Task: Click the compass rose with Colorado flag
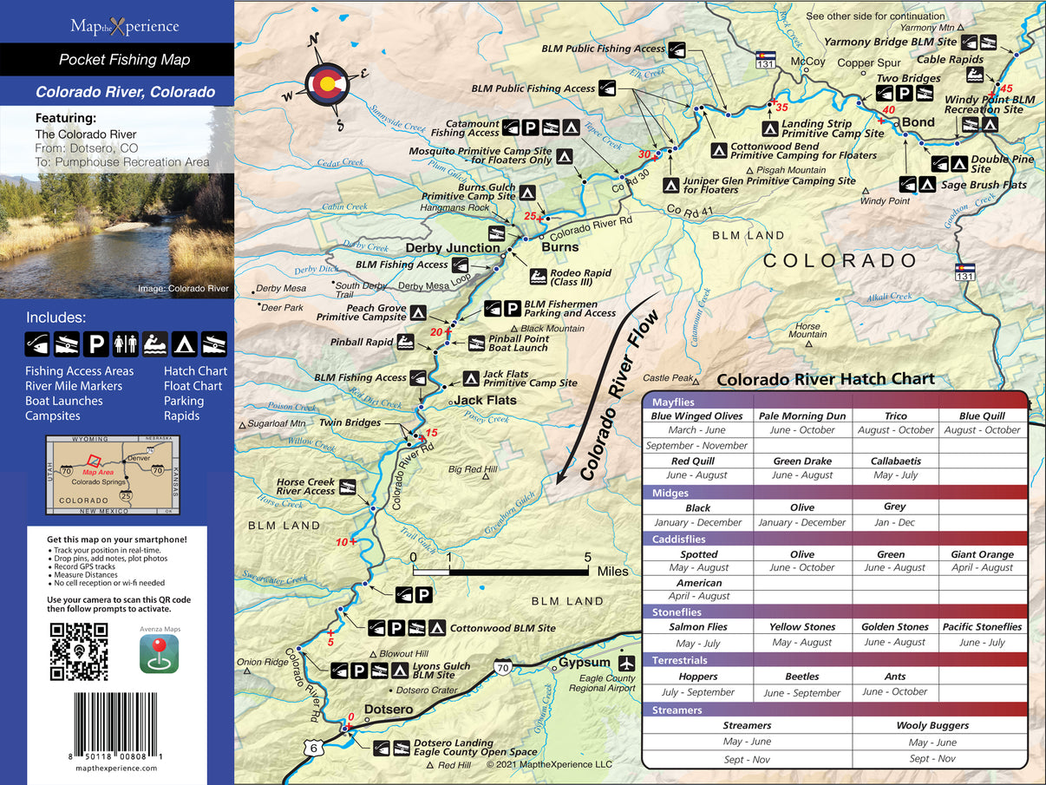click(327, 83)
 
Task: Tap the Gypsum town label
click(584, 664)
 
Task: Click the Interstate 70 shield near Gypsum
click(502, 667)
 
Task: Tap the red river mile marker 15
click(432, 433)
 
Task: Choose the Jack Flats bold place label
click(486, 400)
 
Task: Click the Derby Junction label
click(453, 248)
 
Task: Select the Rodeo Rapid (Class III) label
click(581, 278)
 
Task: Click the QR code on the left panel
click(79, 651)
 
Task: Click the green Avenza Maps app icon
click(159, 653)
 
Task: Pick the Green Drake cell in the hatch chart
click(802, 461)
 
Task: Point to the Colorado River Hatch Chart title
click(826, 379)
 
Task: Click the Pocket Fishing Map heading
click(124, 60)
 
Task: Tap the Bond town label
click(918, 122)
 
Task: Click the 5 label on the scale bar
click(588, 557)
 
